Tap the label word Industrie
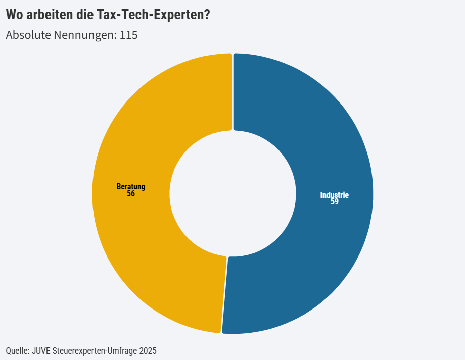334,195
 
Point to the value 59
334,202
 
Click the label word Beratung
130,186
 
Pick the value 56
130,193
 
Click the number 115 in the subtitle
128,35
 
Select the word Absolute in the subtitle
28,35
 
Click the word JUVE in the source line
41,350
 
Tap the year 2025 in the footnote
148,350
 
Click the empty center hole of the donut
232,193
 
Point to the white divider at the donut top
232,91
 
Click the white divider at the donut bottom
224,295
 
